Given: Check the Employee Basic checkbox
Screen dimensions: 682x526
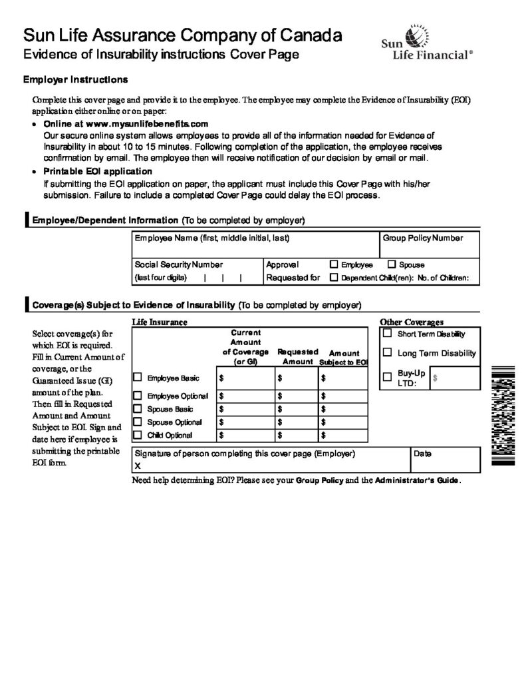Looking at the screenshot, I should click(x=138, y=378).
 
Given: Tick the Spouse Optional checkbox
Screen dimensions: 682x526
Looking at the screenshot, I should click(x=138, y=422).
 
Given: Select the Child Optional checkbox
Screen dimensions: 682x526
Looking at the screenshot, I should click(x=138, y=435).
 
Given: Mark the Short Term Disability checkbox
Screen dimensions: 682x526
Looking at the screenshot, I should click(x=387, y=334).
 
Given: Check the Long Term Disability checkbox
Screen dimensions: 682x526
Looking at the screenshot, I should click(x=387, y=353).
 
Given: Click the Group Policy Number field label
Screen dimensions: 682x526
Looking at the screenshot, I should click(x=422, y=238).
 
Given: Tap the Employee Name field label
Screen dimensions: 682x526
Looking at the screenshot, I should click(x=211, y=238).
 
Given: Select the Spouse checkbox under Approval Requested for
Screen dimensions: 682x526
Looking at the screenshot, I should click(x=391, y=264).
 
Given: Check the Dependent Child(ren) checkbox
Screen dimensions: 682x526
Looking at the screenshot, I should click(x=334, y=277).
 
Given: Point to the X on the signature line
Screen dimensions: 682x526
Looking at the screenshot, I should click(x=138, y=466).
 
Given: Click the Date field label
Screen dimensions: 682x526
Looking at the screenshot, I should click(x=422, y=454).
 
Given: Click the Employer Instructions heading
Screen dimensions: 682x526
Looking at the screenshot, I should click(x=76, y=80).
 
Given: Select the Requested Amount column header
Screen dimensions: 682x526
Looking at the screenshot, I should click(x=297, y=356).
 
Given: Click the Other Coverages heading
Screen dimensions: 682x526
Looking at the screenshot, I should click(x=411, y=322).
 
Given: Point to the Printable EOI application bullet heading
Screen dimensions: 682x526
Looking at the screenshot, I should click(x=94, y=171).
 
